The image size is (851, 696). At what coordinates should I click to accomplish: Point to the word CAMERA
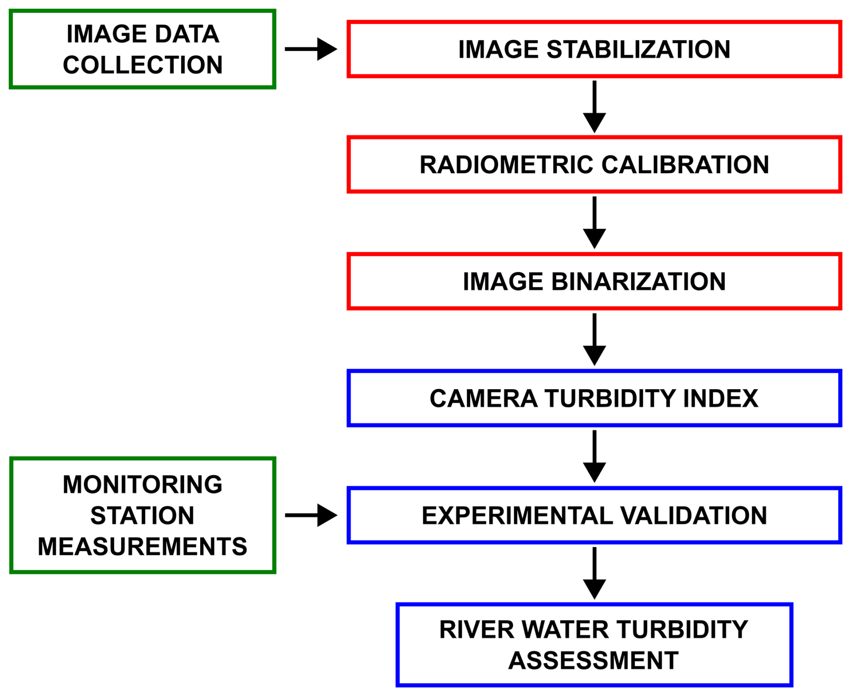tap(483, 399)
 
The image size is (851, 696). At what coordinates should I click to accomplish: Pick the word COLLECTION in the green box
tap(143, 65)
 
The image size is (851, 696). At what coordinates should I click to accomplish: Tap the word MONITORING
tap(143, 485)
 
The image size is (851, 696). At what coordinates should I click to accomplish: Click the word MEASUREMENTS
tap(143, 547)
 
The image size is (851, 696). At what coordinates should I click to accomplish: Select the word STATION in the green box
tap(143, 516)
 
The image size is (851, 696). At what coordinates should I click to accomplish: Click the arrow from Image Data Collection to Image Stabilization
tap(311, 49)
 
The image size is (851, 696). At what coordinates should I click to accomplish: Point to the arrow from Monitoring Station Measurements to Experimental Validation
tap(311, 515)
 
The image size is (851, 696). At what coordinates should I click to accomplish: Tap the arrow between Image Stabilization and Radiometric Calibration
tap(594, 107)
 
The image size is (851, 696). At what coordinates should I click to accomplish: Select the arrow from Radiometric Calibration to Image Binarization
tap(594, 223)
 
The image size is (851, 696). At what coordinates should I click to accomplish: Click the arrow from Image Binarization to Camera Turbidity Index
tap(594, 340)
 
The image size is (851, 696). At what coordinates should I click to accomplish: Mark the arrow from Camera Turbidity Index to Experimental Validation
tap(594, 457)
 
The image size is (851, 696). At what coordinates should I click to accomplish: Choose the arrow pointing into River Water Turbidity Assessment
tap(594, 574)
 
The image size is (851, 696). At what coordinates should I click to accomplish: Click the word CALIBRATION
tap(685, 165)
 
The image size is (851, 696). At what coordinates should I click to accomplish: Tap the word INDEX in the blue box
tap(721, 399)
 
